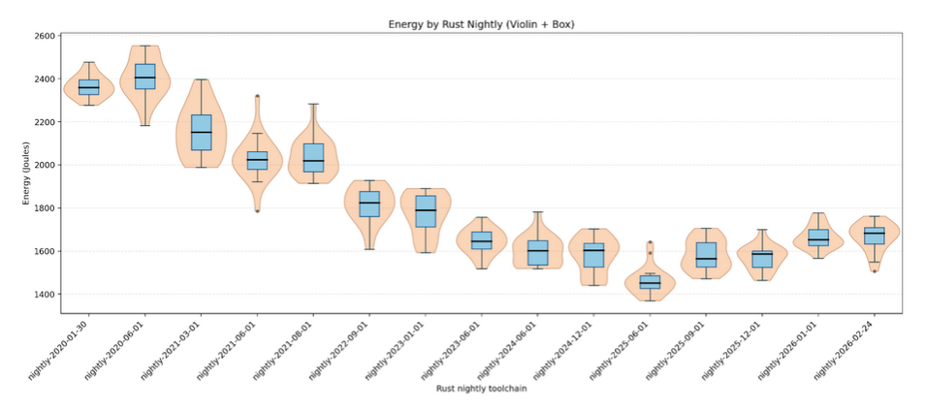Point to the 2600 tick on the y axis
click(43, 36)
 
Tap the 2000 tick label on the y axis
click(43, 165)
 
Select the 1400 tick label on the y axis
click(43, 294)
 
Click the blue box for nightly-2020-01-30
click(88, 87)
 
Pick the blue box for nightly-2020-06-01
click(144, 77)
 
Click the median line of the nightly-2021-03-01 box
click(201, 132)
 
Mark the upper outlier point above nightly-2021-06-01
click(257, 96)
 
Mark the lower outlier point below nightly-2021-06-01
click(257, 210)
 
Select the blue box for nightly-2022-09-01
click(369, 204)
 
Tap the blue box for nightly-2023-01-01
click(426, 211)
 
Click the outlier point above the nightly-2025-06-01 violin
click(650, 242)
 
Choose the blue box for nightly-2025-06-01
click(650, 282)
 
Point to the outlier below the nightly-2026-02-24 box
click(875, 270)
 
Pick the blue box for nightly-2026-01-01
click(818, 237)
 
